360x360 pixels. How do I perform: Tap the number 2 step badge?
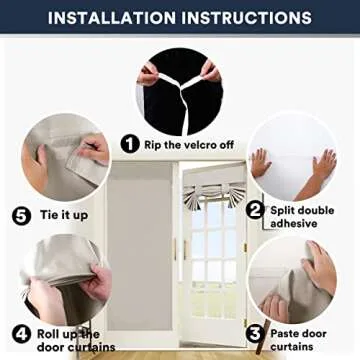click(x=255, y=210)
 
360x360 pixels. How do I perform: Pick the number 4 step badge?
click(x=20, y=334)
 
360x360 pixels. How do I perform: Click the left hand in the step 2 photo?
click(x=263, y=164)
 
